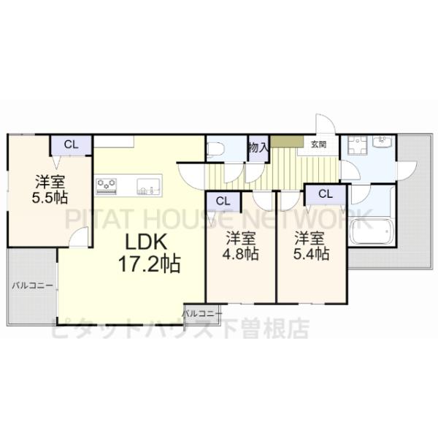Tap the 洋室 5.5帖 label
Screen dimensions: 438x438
pos(51,188)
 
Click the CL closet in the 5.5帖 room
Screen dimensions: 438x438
pos(71,145)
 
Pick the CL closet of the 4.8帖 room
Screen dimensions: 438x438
pos(223,201)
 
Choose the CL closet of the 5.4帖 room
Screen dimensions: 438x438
pos(325,193)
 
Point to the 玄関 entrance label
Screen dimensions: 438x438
pos(318,145)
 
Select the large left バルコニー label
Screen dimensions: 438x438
pos(31,285)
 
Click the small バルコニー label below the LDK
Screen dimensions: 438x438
pos(201,312)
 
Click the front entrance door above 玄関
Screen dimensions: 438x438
pos(324,124)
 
